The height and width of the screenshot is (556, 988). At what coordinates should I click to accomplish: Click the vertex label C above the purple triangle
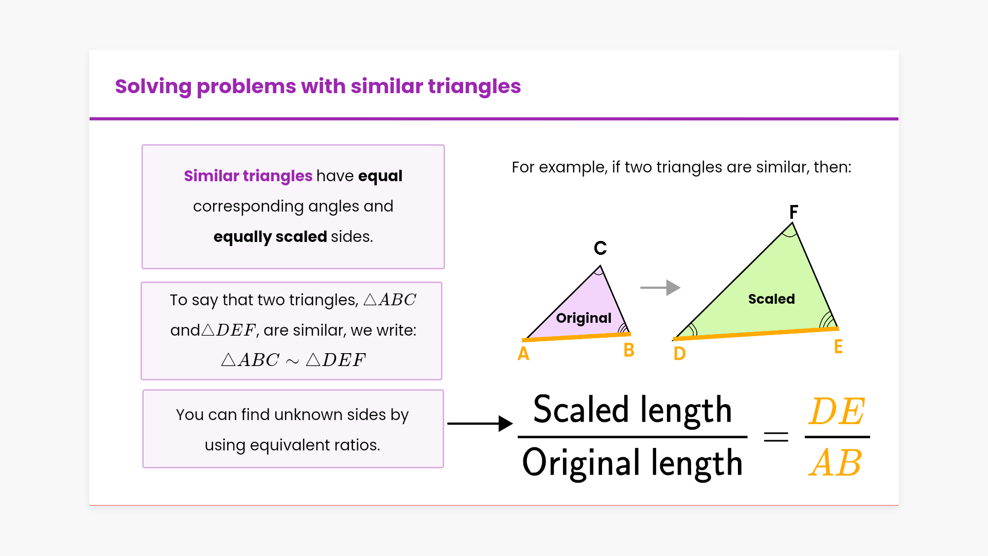(x=600, y=248)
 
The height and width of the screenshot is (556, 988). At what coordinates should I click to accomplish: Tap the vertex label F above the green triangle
(x=794, y=212)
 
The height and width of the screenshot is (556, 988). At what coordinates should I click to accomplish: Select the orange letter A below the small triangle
(x=523, y=354)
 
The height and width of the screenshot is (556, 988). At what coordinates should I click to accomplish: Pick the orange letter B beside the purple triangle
(x=629, y=350)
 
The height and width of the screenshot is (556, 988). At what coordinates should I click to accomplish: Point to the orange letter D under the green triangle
(x=680, y=354)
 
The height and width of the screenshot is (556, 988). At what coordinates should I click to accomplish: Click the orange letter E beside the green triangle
(x=838, y=346)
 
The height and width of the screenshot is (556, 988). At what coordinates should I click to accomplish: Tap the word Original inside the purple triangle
(x=584, y=318)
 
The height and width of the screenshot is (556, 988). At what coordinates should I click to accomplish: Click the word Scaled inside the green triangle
(x=771, y=299)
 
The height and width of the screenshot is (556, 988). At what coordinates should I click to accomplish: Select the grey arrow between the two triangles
(x=660, y=288)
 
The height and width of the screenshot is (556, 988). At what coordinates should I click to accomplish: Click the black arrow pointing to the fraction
(x=480, y=424)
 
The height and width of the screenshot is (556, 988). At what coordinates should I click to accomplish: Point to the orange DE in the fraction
(x=837, y=412)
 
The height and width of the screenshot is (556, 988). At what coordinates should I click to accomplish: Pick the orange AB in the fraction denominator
(x=836, y=463)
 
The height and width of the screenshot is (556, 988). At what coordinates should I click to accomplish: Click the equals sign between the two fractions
(x=776, y=437)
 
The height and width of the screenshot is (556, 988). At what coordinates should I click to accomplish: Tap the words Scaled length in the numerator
(x=632, y=410)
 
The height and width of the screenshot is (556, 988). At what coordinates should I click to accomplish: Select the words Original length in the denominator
(x=632, y=463)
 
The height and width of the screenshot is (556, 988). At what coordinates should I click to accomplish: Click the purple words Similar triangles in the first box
(x=248, y=176)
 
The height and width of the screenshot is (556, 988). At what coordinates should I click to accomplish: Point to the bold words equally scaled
(x=270, y=237)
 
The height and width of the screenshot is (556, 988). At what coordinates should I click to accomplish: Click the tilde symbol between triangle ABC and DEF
(x=292, y=361)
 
